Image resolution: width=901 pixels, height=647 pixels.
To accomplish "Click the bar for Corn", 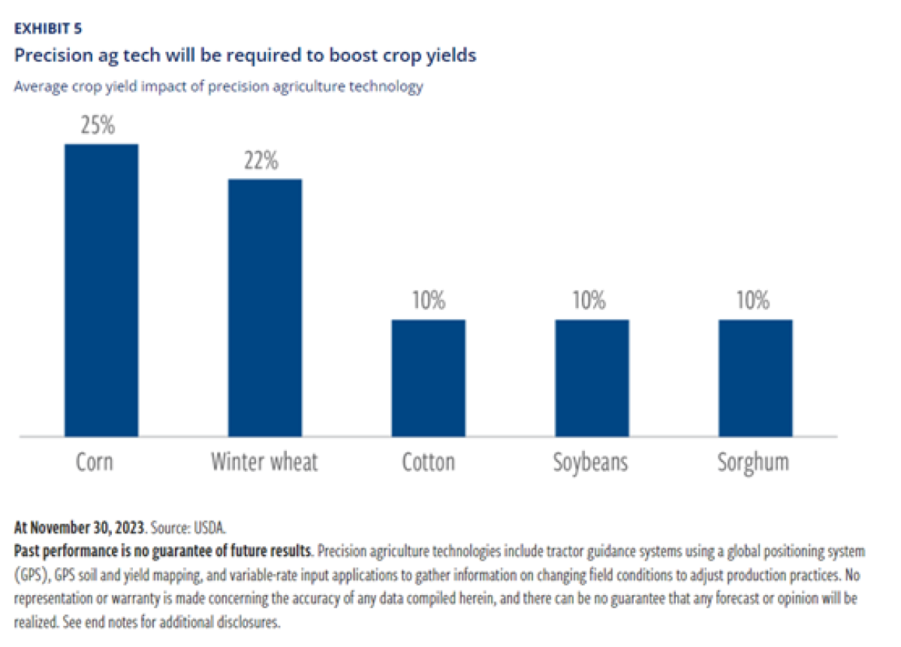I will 101,290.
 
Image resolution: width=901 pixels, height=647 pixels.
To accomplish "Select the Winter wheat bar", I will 264,307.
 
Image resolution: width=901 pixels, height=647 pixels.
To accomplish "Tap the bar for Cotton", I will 428,378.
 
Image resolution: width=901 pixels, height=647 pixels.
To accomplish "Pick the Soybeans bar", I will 592,378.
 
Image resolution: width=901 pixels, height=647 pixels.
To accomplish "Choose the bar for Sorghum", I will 755,378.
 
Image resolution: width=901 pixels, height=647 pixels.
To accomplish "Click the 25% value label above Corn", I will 98,125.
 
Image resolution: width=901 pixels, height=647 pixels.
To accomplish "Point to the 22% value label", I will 261,160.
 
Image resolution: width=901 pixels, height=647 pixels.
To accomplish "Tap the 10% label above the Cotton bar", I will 428,301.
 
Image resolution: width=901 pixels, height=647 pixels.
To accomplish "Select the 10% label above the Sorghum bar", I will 752,301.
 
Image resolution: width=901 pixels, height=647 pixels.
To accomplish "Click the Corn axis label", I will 95,461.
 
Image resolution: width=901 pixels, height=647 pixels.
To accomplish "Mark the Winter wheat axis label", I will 264,461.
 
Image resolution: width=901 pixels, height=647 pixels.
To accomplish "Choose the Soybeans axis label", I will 589,461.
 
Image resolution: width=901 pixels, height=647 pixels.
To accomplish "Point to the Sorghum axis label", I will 753,461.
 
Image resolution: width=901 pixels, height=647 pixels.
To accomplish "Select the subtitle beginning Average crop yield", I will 218,86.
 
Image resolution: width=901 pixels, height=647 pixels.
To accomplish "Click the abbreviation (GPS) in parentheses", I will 31,568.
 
